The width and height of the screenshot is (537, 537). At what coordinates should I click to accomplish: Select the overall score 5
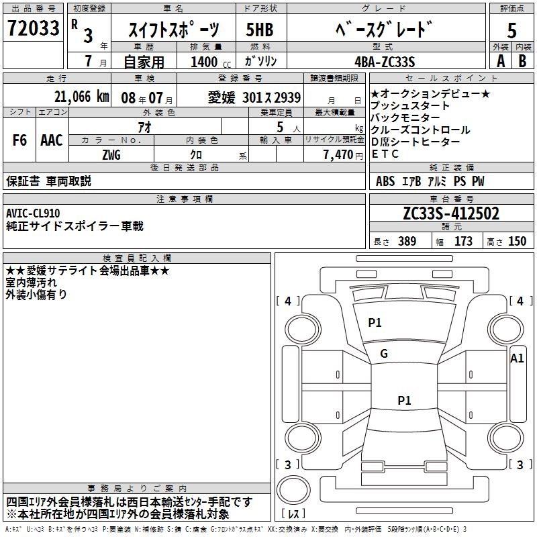pyautogui.click(x=511, y=31)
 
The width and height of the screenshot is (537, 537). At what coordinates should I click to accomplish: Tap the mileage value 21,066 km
pyautogui.click(x=81, y=97)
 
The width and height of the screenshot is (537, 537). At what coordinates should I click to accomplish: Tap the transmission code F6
pyautogui.click(x=20, y=140)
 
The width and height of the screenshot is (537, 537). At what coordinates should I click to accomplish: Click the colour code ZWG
pyautogui.click(x=111, y=154)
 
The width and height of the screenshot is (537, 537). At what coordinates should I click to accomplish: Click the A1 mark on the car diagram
pyautogui.click(x=517, y=358)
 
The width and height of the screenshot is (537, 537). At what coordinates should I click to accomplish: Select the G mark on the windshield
pyautogui.click(x=384, y=354)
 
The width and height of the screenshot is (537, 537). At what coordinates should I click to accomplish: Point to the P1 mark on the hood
pyautogui.click(x=375, y=323)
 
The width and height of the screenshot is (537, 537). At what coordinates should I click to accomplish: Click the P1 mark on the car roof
pyautogui.click(x=404, y=401)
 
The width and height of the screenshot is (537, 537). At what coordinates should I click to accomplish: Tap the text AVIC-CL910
pyautogui.click(x=33, y=213)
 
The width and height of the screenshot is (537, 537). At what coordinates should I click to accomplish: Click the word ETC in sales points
pyautogui.click(x=385, y=154)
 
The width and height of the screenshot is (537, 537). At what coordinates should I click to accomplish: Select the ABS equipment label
pyautogui.click(x=385, y=181)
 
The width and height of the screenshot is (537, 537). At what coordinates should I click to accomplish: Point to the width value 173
pyautogui.click(x=463, y=242)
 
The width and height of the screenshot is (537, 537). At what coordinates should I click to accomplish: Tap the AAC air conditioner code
pyautogui.click(x=52, y=140)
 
